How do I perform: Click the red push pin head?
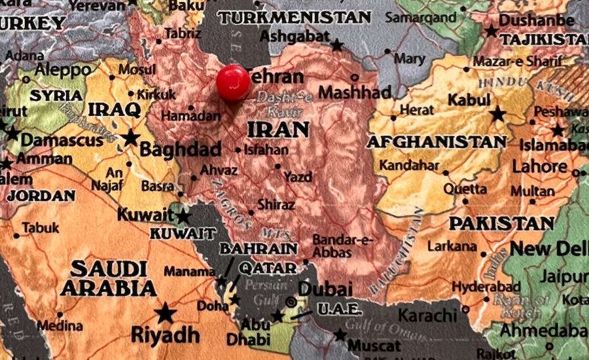click(233, 82)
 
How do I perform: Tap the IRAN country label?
click(278, 129)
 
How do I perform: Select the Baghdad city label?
click(180, 150)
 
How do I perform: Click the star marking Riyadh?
click(166, 313)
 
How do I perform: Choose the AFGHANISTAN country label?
click(436, 141)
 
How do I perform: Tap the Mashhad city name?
click(355, 92)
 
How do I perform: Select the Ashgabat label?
click(294, 37)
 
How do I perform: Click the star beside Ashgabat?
click(336, 45)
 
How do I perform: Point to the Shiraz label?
click(276, 205)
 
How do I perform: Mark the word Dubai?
click(325, 289)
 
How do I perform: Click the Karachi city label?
click(427, 315)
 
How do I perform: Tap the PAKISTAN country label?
click(501, 223)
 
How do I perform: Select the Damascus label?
click(62, 139)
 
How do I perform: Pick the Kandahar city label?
click(409, 165)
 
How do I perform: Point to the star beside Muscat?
click(340, 335)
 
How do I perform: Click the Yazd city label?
click(298, 176)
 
